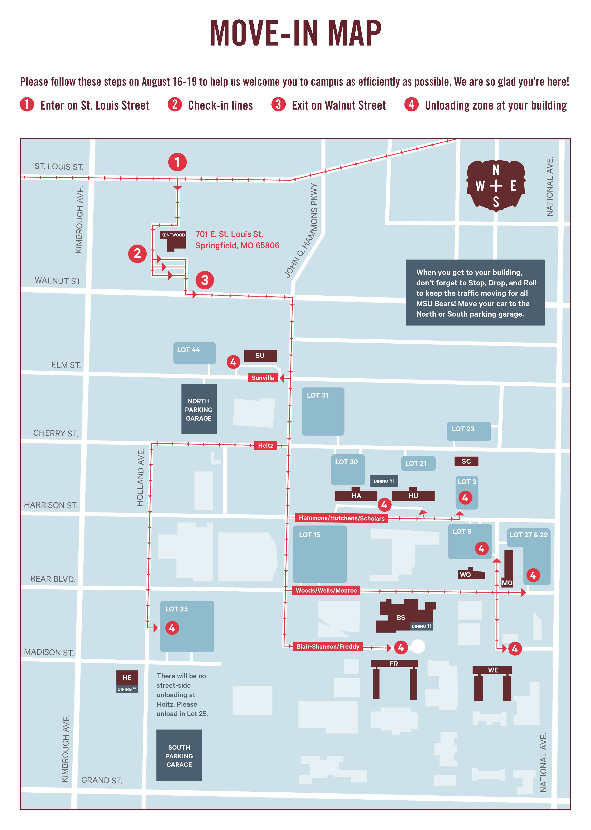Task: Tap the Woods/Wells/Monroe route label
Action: pos(326,590)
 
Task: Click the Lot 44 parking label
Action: pos(188,350)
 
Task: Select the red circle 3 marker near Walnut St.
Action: pos(204,280)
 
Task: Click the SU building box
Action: pos(260,356)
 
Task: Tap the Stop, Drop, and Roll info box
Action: pos(475,293)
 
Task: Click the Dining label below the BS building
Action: pos(421,626)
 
